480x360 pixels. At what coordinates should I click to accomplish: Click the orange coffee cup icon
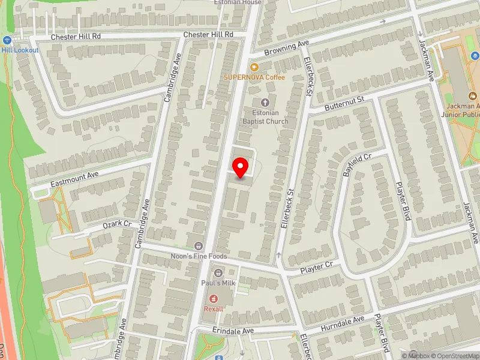(x=254, y=67)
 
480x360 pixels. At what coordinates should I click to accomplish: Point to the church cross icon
(x=265, y=103)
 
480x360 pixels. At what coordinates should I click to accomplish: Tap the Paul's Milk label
(x=217, y=283)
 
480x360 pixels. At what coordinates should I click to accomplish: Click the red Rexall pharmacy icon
(x=212, y=298)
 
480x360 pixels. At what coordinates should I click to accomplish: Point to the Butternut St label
(x=344, y=102)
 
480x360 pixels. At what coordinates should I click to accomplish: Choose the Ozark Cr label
(x=116, y=224)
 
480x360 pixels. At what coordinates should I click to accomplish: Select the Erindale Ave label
(x=233, y=331)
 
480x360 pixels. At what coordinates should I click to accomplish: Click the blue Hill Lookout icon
(x=7, y=40)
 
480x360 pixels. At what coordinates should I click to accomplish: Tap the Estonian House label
(x=238, y=2)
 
